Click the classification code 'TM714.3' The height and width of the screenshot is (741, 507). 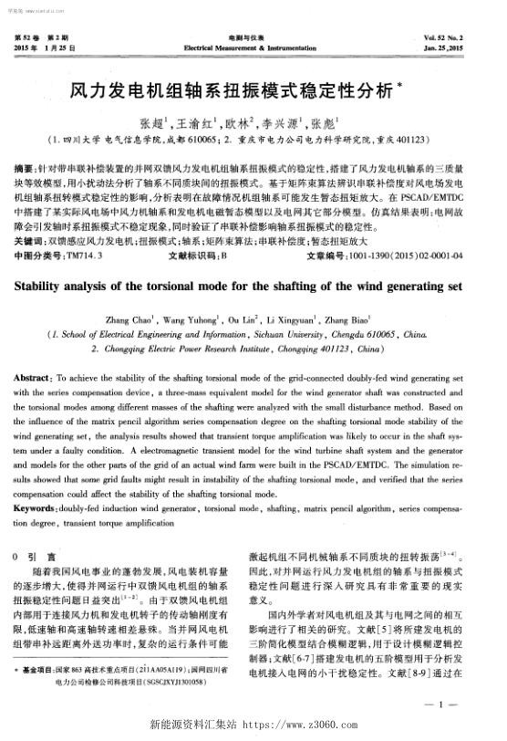coord(86,256)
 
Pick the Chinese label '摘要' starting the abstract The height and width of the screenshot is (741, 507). coord(26,170)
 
